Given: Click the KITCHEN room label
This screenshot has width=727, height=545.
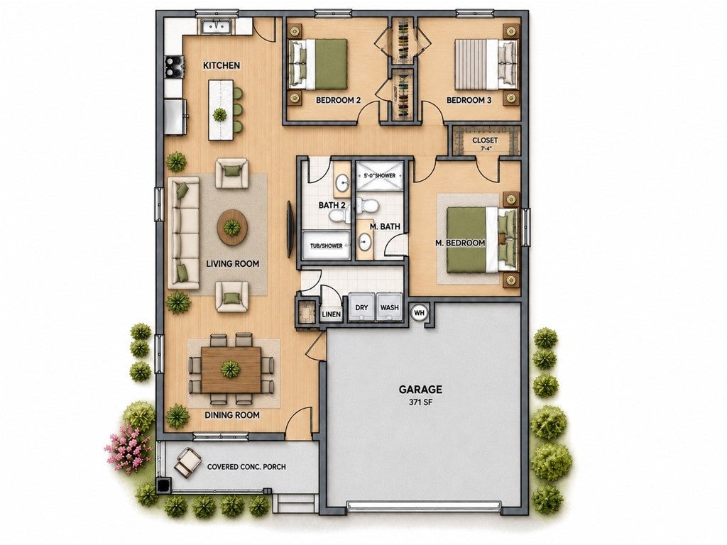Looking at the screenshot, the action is click(x=222, y=65).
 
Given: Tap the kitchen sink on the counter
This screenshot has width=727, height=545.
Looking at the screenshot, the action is click(x=217, y=28).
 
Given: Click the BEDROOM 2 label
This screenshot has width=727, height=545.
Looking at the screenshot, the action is click(x=339, y=99).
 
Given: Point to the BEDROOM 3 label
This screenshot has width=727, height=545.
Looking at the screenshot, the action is click(x=469, y=99).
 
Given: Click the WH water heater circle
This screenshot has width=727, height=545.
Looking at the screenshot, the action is click(x=419, y=313).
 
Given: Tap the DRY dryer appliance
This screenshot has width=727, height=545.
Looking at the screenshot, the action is click(x=361, y=307).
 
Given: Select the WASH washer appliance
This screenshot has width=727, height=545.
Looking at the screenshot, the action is click(x=390, y=307).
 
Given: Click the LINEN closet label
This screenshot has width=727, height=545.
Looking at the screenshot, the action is click(x=332, y=314).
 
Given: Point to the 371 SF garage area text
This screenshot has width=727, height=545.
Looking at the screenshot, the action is click(x=420, y=402).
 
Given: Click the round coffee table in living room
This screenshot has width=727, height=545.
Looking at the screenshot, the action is click(x=232, y=227).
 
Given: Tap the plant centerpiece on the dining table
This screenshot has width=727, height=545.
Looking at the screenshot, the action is click(x=231, y=369).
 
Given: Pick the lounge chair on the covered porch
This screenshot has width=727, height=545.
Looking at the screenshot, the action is click(x=187, y=461).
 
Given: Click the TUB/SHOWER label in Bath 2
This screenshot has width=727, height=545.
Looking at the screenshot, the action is click(x=326, y=246).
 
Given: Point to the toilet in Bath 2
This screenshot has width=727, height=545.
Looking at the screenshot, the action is click(x=340, y=213).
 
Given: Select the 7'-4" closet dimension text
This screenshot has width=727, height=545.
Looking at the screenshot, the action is click(x=485, y=149).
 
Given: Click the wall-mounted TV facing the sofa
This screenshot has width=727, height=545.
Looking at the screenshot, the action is click(x=290, y=229).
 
